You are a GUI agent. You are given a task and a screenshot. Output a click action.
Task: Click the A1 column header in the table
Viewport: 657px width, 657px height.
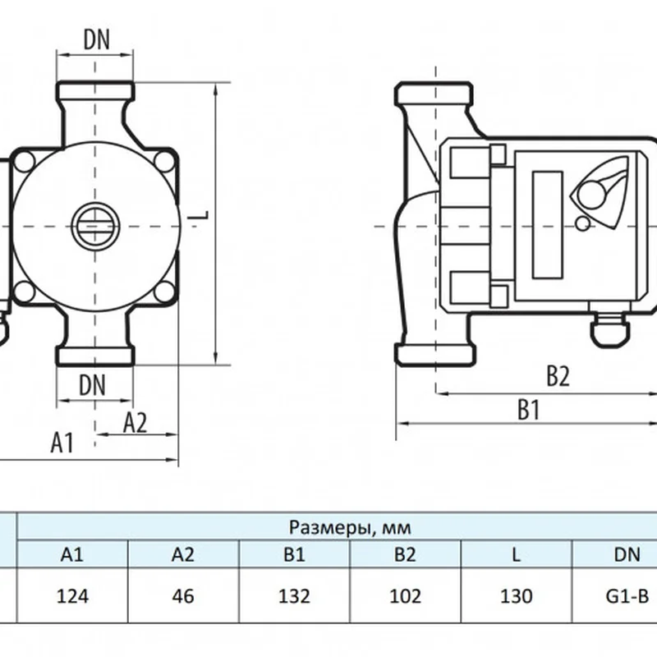click(71, 554)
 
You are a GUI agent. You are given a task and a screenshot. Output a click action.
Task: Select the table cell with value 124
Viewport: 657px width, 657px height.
click(71, 595)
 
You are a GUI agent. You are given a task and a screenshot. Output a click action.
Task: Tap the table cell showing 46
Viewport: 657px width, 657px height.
click(183, 595)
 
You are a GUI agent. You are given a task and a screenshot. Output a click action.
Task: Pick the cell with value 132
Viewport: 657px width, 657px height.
click(295, 595)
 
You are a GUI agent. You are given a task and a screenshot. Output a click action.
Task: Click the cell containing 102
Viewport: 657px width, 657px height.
click(405, 595)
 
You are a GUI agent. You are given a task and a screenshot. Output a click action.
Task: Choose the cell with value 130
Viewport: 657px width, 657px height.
click(516, 595)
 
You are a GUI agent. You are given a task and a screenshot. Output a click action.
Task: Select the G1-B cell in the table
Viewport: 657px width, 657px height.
click(626, 595)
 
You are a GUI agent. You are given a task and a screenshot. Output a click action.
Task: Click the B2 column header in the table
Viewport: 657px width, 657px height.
click(405, 554)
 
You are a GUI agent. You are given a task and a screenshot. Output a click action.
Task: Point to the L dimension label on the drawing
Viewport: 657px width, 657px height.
click(202, 215)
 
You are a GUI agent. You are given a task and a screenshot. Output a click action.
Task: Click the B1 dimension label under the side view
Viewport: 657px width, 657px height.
click(527, 410)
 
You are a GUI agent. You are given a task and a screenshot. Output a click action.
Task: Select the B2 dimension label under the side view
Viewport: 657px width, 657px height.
click(558, 377)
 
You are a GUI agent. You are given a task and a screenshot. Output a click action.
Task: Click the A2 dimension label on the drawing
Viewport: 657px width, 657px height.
click(135, 422)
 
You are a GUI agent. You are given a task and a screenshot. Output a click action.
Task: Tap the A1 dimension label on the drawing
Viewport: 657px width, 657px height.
click(62, 443)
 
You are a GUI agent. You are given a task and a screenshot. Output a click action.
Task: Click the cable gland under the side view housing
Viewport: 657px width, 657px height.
click(609, 327)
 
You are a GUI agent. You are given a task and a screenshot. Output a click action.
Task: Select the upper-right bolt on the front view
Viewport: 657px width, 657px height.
click(168, 160)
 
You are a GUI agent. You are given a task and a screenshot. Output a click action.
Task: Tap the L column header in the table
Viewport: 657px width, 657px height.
click(516, 554)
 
